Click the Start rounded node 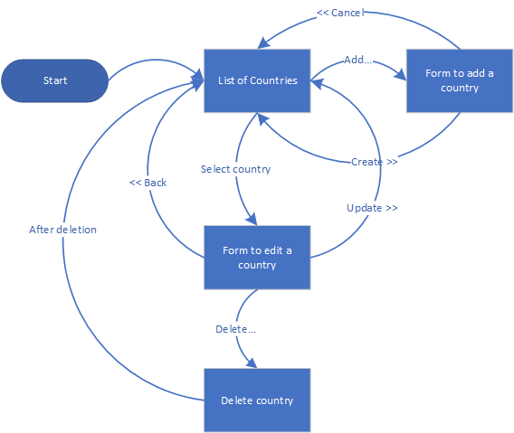coord(54,80)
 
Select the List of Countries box coord(257,80)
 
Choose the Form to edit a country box coord(257,257)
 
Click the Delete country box coord(257,400)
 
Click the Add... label coord(358,60)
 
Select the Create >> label coord(374,162)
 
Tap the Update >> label coord(372,208)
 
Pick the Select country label coord(235,169)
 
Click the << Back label coord(148,183)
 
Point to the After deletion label coord(62,230)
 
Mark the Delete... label coord(235,329)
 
